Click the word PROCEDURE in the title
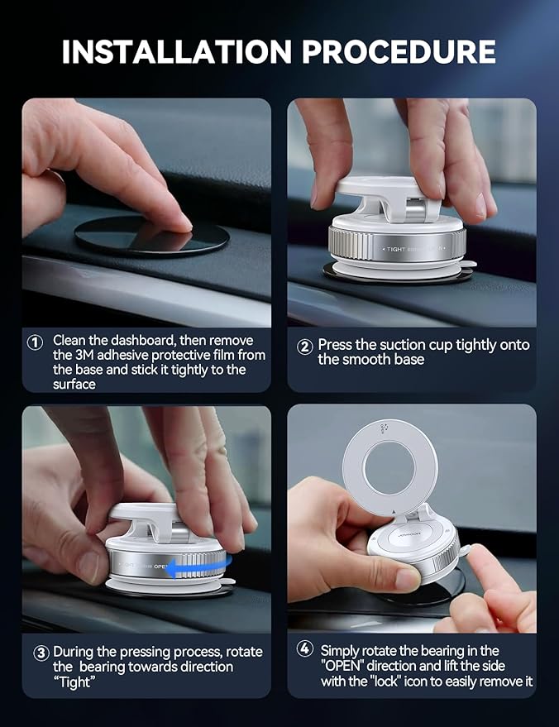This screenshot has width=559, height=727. click(x=399, y=51)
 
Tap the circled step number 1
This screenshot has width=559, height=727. click(x=35, y=342)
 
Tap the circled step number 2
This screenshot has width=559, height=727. click(x=304, y=347)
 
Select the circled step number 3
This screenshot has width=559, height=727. click(x=41, y=653)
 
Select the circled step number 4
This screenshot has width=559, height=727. click(x=304, y=649)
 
